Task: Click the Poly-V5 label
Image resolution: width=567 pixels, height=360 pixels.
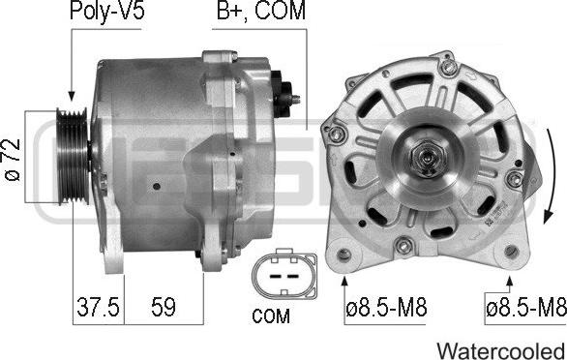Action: click(107, 11)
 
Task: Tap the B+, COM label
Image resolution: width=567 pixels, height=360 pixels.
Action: click(260, 10)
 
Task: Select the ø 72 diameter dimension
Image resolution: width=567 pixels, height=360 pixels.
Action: click(13, 160)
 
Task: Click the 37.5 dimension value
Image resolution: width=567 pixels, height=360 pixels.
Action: click(98, 307)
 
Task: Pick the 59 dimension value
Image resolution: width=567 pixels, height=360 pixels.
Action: click(164, 307)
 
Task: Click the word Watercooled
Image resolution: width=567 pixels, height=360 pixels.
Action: click(501, 350)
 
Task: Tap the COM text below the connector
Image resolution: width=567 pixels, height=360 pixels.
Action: click(271, 315)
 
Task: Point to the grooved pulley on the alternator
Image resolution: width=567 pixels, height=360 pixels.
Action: click(73, 156)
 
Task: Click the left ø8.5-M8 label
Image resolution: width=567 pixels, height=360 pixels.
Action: click(386, 308)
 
